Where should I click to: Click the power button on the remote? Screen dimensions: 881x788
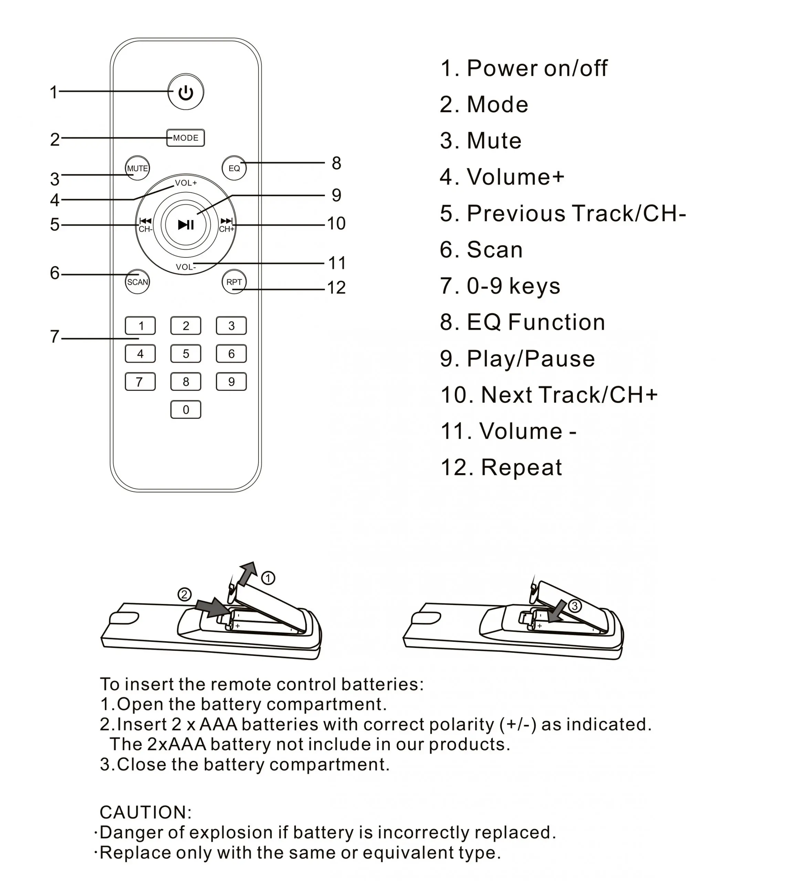[186, 92]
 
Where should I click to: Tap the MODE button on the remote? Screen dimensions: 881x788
[186, 138]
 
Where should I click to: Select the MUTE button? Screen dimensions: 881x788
[137, 168]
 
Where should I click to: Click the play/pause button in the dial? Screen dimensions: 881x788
[186, 225]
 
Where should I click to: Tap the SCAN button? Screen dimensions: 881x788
[137, 282]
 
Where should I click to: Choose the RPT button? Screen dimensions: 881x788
[234, 282]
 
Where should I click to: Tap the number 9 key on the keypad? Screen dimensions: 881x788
[231, 382]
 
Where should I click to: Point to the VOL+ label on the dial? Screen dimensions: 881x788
[186, 183]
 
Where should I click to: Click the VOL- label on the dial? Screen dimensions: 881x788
[186, 267]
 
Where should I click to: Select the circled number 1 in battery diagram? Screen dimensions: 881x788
[268, 578]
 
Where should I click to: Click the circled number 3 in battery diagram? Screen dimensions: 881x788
[575, 606]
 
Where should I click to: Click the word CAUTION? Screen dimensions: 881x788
[146, 813]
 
